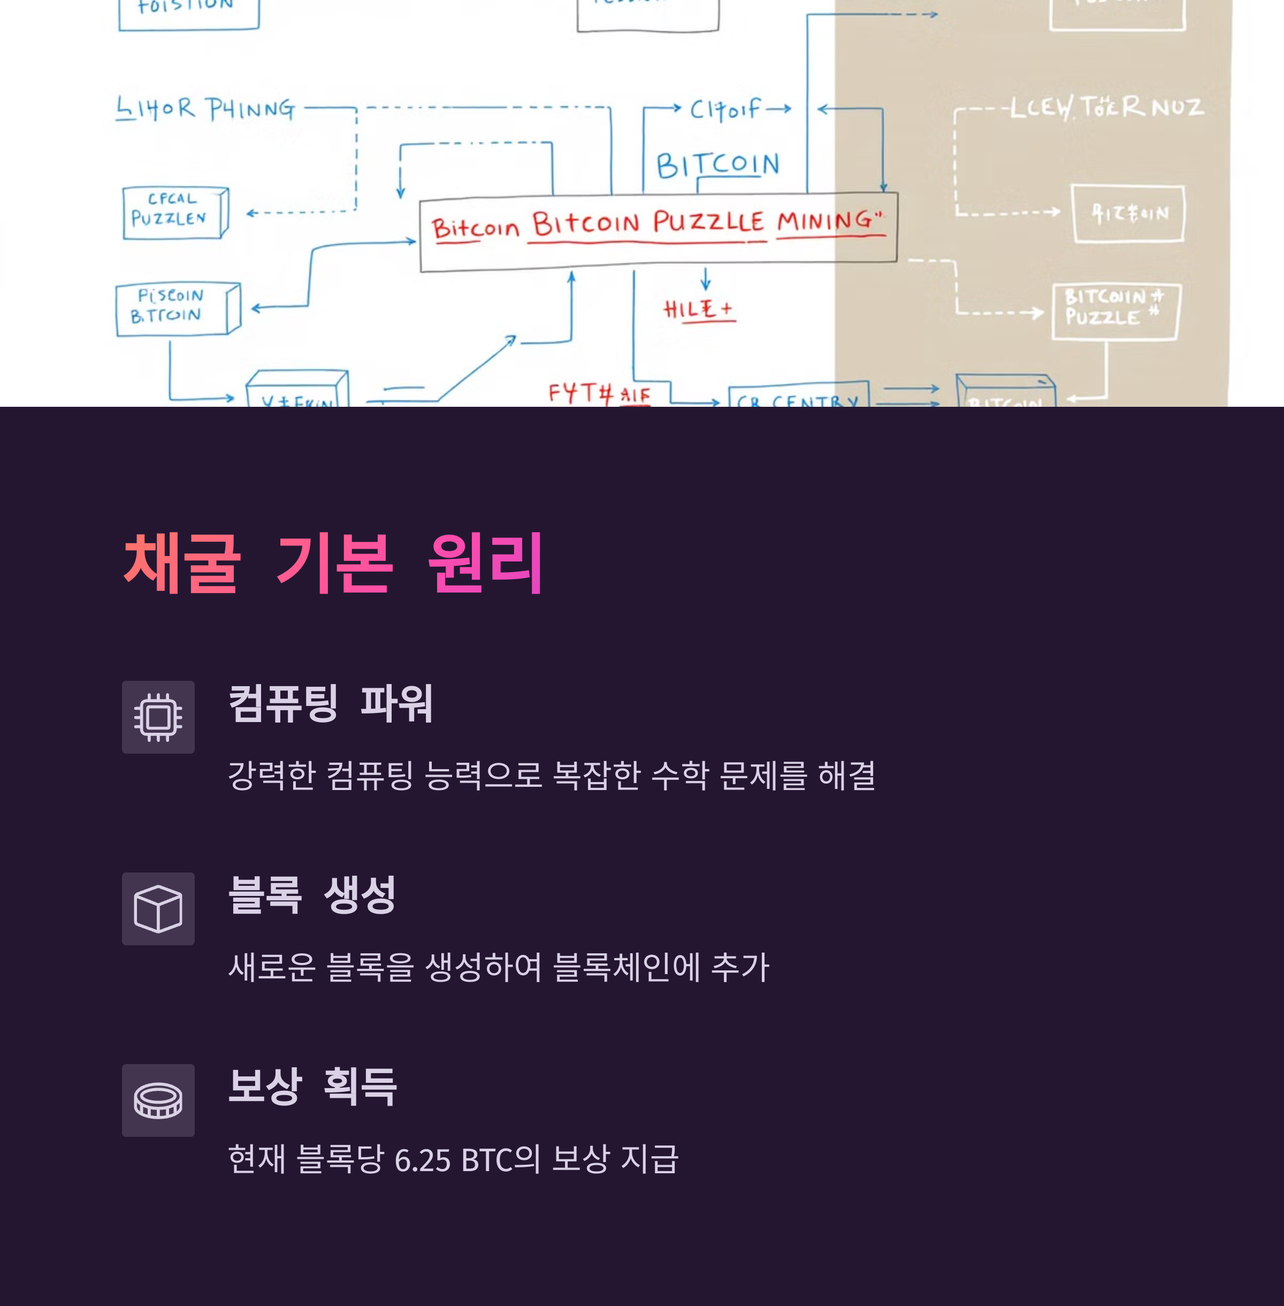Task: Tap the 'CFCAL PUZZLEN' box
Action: coord(172,212)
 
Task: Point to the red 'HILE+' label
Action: coord(699,309)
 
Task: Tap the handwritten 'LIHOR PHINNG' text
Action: coord(205,109)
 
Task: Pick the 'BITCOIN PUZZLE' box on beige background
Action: coord(1114,311)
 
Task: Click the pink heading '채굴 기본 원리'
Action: coord(334,563)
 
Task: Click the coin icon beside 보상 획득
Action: coord(158,1100)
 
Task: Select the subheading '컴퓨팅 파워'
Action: coord(331,704)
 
